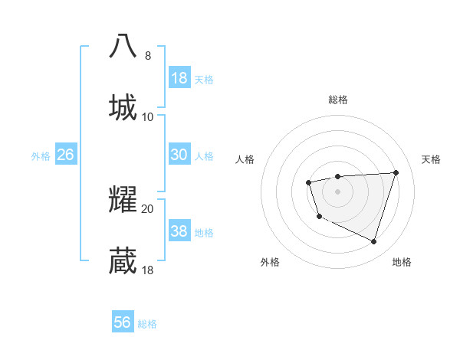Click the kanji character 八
123,47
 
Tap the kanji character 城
123,107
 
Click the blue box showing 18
179,77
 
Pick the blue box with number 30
179,155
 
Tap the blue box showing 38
179,231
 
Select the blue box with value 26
66,155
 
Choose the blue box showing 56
123,322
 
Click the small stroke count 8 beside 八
148,56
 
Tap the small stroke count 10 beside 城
148,117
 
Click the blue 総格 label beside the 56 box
147,324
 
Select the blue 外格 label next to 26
41,156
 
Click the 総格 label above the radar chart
338,100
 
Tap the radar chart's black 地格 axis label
402,263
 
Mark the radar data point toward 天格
396,172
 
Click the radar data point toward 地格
373,242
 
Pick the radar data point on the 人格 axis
308,182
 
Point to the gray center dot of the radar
338,191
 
